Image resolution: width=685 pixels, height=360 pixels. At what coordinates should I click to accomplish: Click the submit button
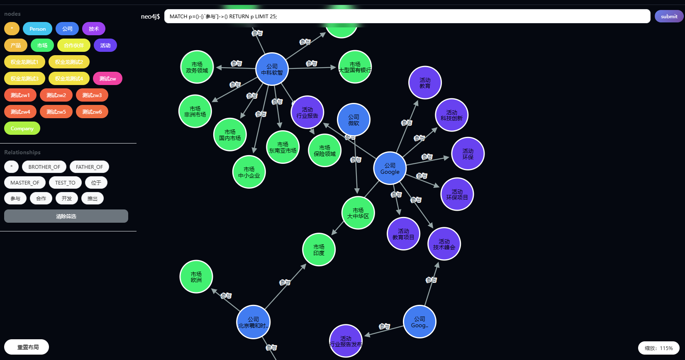pos(669,16)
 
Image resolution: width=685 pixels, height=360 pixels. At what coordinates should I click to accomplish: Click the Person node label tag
pos(37,29)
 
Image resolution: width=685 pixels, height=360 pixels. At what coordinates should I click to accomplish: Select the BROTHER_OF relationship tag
pos(44,167)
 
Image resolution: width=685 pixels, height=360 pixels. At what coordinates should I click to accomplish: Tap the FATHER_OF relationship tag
pos(89,167)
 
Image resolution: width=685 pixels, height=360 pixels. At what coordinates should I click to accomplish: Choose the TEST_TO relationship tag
pos(65,182)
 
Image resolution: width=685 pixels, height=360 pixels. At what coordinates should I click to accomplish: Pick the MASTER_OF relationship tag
pos(25,182)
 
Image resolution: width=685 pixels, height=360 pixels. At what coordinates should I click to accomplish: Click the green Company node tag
pos(22,128)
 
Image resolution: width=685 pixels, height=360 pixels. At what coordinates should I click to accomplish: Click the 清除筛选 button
pos(66,216)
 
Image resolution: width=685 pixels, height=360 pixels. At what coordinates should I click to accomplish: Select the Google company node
pos(390,168)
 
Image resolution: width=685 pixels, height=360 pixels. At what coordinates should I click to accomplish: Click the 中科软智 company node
pos(272,69)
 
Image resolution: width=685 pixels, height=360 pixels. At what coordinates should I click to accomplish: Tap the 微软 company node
pos(353,120)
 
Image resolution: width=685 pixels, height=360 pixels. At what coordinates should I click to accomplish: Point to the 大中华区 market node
pos(358,213)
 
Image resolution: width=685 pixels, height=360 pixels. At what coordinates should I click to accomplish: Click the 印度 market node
pos(319,250)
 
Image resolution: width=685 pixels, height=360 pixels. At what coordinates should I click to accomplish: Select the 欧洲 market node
pos(196,277)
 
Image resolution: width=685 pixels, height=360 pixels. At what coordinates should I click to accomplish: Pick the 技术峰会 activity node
pos(444,244)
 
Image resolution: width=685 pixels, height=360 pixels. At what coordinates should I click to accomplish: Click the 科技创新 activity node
pos(451,115)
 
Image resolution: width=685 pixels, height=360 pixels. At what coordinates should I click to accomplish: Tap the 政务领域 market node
pos(197,67)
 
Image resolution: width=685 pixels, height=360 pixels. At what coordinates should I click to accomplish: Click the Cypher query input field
pos(407,16)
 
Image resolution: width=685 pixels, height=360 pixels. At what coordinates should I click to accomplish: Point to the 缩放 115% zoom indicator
pos(658,348)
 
